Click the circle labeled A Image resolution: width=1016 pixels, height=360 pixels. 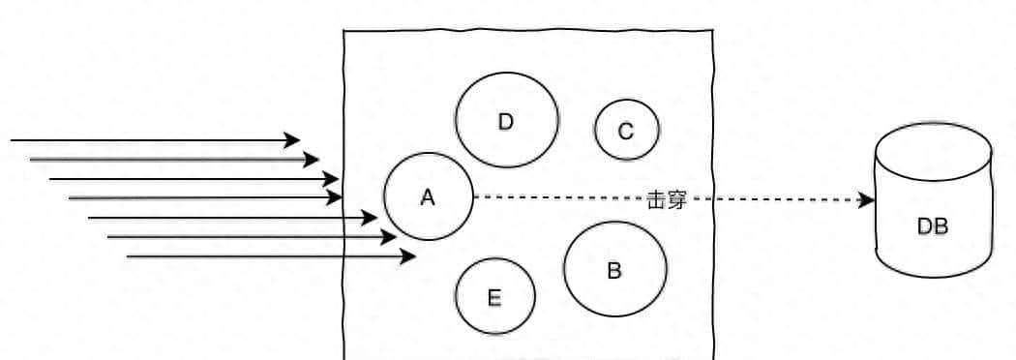point(428,196)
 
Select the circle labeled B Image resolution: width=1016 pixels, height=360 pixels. point(614,270)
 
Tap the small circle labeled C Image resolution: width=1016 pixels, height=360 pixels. point(626,131)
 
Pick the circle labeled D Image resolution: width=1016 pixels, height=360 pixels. point(506,121)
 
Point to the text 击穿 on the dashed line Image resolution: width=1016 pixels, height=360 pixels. point(667,200)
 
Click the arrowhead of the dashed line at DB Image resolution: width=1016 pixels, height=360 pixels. point(868,199)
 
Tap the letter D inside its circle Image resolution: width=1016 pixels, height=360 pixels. point(505,121)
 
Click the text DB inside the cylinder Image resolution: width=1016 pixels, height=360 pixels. point(933,226)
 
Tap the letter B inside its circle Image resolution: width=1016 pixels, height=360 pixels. point(614,270)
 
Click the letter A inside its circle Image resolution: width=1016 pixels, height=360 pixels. point(428,196)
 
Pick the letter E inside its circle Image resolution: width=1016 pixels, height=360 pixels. point(494,297)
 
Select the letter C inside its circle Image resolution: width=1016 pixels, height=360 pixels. point(626,131)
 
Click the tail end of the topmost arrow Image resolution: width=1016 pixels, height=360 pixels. point(13,140)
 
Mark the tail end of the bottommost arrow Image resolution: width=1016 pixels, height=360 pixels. point(129,256)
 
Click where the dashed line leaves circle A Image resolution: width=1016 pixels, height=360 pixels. point(473,197)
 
